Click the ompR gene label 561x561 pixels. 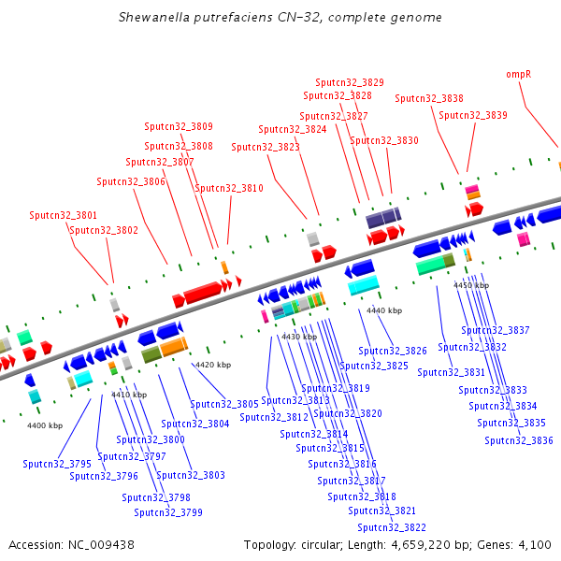[518, 75]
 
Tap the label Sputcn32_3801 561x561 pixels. [63, 215]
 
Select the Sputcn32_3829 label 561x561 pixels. [350, 82]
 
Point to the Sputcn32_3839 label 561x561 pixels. [473, 115]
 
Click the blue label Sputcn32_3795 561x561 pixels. [57, 464]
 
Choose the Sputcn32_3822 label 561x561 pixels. [392, 527]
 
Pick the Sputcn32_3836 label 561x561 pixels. [519, 440]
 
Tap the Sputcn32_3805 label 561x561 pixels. [224, 404]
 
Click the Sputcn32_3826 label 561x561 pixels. [393, 351]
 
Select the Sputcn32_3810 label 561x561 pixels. [229, 188]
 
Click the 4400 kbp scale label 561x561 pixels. [45, 425]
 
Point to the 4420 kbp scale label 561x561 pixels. [213, 365]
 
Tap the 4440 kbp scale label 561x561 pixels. [384, 310]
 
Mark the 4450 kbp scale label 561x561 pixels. [471, 285]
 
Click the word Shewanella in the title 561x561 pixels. [154, 17]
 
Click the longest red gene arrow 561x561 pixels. [203, 292]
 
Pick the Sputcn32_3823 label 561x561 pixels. [266, 147]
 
